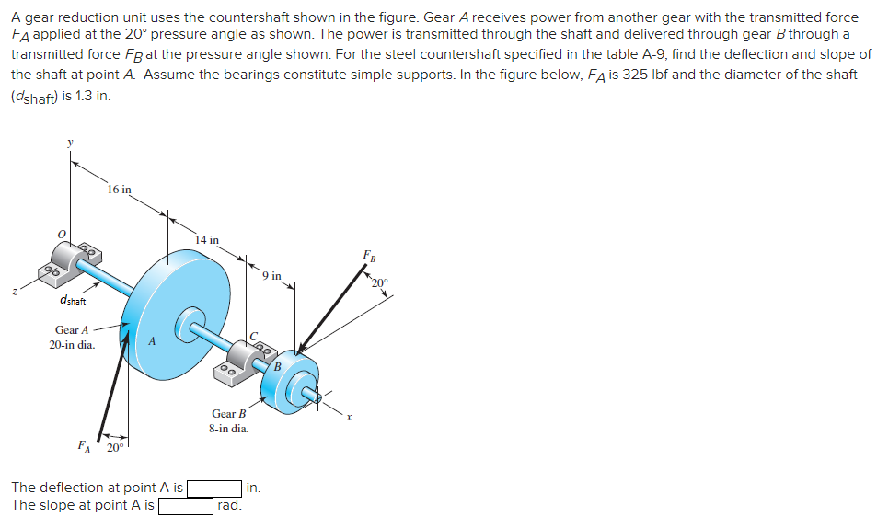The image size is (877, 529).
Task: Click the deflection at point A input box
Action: click(x=214, y=488)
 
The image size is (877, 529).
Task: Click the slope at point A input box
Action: click(x=187, y=505)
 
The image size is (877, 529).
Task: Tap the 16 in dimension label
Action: click(x=119, y=190)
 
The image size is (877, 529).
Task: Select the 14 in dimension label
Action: click(x=207, y=240)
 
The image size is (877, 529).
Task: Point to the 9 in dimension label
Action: click(x=271, y=275)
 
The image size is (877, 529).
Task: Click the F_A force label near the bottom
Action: click(x=84, y=448)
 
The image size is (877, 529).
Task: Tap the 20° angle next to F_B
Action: click(x=380, y=282)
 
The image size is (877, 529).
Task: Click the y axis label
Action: click(x=67, y=142)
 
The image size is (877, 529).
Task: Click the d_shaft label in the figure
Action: click(x=72, y=300)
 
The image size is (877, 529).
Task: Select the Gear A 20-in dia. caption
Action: click(x=71, y=337)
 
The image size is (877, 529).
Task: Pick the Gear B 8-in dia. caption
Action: click(x=229, y=421)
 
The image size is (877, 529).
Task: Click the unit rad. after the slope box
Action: click(x=230, y=505)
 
